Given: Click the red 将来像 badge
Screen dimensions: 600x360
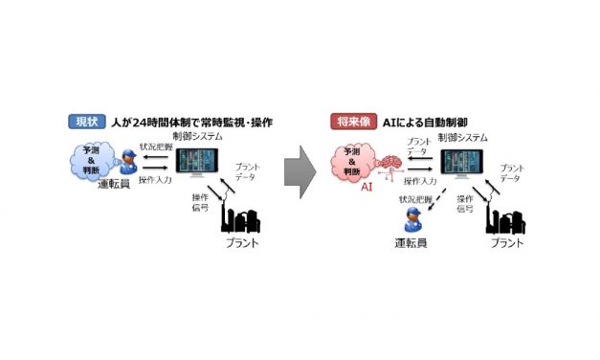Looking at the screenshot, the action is click(350, 122).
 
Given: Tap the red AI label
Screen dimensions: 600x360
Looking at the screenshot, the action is click(364, 190).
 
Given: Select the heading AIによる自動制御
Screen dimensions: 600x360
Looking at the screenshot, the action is click(427, 122).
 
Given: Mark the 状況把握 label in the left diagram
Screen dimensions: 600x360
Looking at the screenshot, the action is click(155, 146).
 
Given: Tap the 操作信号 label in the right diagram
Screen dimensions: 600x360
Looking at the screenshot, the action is click(465, 204).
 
